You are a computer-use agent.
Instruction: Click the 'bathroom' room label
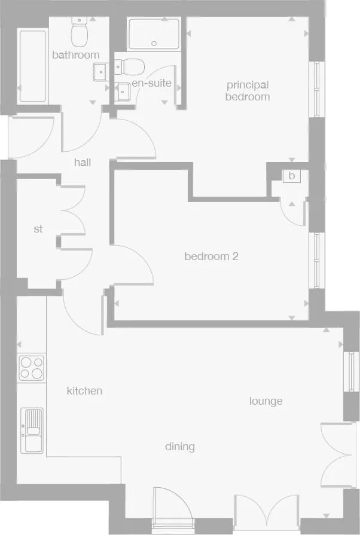75,55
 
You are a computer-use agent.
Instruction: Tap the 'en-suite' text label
152,83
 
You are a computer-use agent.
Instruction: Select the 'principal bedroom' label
247,91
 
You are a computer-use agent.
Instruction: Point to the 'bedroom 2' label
211,256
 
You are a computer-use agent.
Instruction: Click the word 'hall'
83,162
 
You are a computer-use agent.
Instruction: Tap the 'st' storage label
38,229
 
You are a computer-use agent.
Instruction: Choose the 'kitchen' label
84,391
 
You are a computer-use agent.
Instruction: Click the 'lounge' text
266,401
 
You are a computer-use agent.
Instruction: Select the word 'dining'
180,447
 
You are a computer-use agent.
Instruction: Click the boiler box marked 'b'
292,176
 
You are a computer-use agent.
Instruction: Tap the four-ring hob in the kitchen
30,368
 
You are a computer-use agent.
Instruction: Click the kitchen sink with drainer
32,430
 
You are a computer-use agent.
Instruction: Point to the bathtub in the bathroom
32,66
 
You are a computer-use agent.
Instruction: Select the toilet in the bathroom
79,32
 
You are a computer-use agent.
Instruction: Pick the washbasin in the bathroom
100,72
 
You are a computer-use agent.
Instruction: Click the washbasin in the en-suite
123,91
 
